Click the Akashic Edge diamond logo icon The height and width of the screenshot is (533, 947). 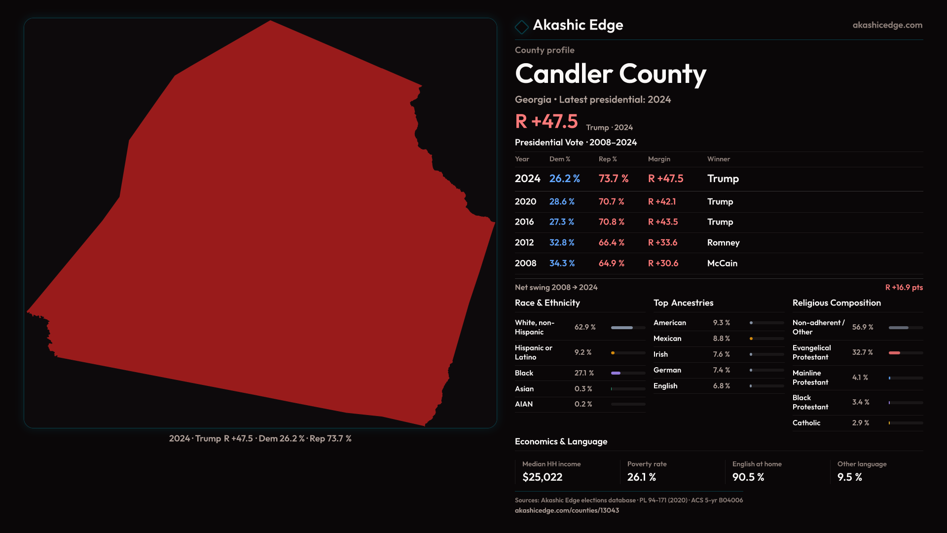pyautogui.click(x=521, y=27)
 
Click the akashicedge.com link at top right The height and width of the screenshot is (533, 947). pyautogui.click(x=887, y=25)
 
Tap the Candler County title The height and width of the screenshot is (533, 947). pyautogui.click(x=611, y=74)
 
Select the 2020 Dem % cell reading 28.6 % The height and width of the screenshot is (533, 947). pyautogui.click(x=562, y=202)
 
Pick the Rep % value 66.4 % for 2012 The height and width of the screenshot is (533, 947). pyautogui.click(x=612, y=243)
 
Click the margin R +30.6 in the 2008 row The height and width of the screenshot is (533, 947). pyautogui.click(x=663, y=264)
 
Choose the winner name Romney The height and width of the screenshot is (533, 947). pyautogui.click(x=723, y=243)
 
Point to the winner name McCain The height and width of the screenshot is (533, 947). pyautogui.click(x=722, y=264)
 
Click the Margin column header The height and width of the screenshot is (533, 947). pyautogui.click(x=659, y=159)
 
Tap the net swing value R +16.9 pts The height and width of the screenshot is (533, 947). pyautogui.click(x=904, y=288)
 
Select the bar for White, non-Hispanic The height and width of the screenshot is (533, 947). pyautogui.click(x=628, y=328)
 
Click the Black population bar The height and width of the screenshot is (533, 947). pyautogui.click(x=628, y=373)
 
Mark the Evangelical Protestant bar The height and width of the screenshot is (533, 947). pyautogui.click(x=906, y=353)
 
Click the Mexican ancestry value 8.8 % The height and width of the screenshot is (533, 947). pyautogui.click(x=722, y=339)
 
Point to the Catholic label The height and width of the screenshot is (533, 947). pyautogui.click(x=806, y=423)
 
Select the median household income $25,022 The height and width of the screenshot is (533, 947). pyautogui.click(x=542, y=477)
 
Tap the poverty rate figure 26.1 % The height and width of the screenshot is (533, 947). pyautogui.click(x=642, y=477)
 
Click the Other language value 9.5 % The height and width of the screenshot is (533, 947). pyautogui.click(x=850, y=477)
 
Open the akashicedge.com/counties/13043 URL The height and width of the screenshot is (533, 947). pyautogui.click(x=567, y=511)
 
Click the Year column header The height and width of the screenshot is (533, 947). pyautogui.click(x=522, y=159)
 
